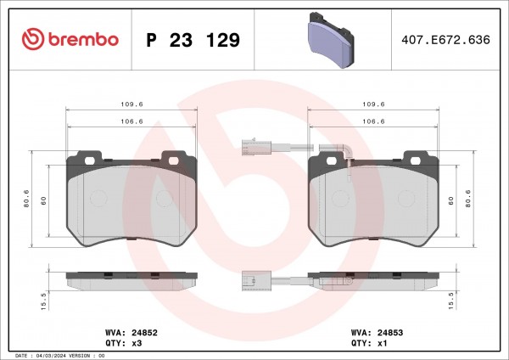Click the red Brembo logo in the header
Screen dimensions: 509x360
[x=70, y=39]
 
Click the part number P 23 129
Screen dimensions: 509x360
[x=193, y=40]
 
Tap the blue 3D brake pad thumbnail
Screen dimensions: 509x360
[x=331, y=40]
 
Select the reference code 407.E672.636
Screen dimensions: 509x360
[x=445, y=40]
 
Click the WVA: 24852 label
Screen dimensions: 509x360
[x=131, y=333]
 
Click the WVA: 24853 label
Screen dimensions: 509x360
[x=377, y=333]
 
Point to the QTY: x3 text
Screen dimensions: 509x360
[x=124, y=343]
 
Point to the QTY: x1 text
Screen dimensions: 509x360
[x=369, y=343]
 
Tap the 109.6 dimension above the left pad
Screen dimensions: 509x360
[x=131, y=104]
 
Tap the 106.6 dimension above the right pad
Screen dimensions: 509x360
[x=373, y=121]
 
